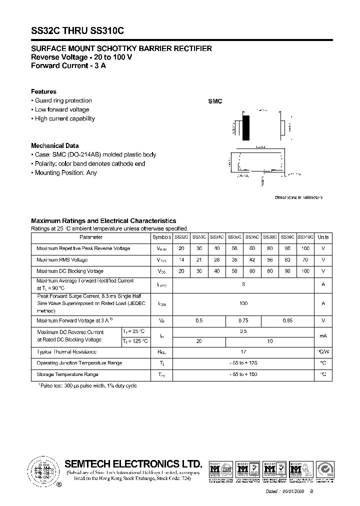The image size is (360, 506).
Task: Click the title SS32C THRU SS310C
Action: (x=77, y=30)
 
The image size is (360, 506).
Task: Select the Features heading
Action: (x=43, y=91)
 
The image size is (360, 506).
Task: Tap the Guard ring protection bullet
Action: (x=63, y=100)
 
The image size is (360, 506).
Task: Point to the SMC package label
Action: (x=215, y=101)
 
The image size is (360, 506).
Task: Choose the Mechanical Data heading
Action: (x=55, y=146)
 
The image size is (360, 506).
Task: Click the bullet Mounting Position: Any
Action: (x=65, y=172)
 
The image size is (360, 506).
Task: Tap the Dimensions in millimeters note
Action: (x=298, y=197)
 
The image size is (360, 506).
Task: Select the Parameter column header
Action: (x=90, y=237)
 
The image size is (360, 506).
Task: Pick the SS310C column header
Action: (x=305, y=237)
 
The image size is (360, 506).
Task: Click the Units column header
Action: (x=323, y=237)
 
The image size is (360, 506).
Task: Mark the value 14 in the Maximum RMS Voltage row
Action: (x=181, y=260)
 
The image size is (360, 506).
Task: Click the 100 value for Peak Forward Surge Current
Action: (x=243, y=303)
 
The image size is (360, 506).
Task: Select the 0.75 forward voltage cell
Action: (x=243, y=320)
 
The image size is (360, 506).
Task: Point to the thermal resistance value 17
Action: (x=243, y=352)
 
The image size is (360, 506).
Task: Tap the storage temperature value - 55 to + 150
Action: (x=243, y=374)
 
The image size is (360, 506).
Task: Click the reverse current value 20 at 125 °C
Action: (x=198, y=340)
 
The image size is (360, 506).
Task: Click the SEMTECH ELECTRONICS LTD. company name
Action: (x=133, y=463)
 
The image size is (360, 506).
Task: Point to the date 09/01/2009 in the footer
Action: (x=293, y=492)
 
